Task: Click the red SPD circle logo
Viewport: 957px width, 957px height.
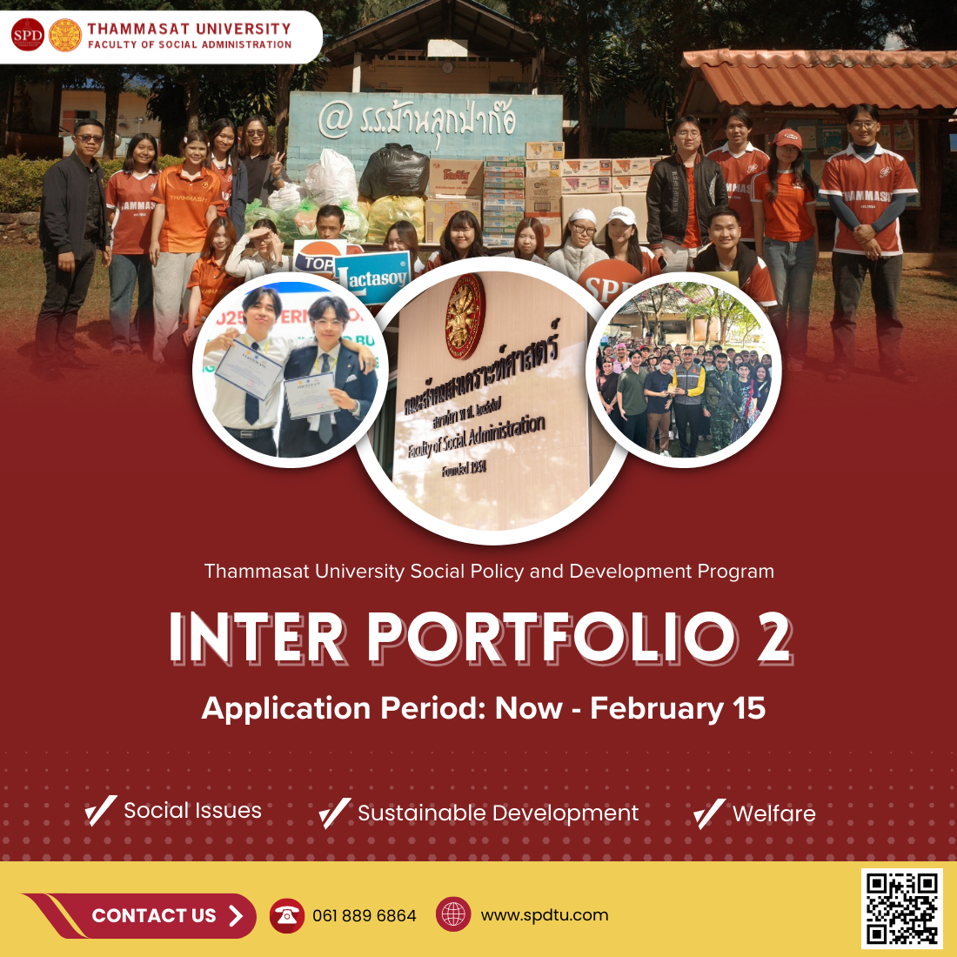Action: tap(27, 36)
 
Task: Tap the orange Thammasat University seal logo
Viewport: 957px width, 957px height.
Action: tap(65, 36)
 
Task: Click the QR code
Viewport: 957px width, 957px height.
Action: tap(902, 909)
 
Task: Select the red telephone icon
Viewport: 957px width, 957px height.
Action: tap(286, 915)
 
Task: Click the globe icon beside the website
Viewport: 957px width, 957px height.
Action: tap(453, 914)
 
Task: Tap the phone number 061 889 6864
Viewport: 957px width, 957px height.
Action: tap(364, 916)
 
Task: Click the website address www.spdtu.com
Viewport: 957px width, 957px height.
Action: tap(544, 915)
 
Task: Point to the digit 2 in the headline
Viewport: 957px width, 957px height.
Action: tap(773, 638)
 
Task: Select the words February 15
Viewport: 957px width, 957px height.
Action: tap(678, 708)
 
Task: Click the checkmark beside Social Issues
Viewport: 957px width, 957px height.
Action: tap(100, 811)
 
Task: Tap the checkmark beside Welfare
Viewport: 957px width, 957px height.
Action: tap(709, 813)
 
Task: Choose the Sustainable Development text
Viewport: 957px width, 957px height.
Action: tap(498, 813)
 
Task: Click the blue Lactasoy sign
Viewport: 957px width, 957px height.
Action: tap(372, 278)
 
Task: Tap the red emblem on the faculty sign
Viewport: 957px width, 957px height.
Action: tap(465, 317)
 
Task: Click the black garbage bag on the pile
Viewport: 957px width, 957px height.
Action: tap(393, 171)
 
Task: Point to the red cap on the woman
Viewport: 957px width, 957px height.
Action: tap(787, 137)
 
